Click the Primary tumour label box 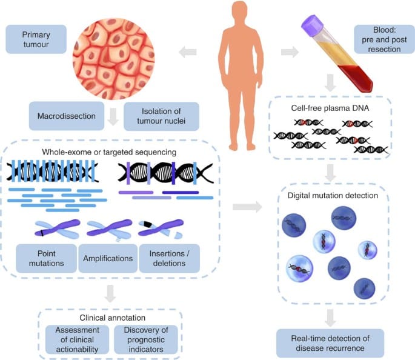35,39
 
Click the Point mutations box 45,258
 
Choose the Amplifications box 107,258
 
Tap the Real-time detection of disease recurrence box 330,342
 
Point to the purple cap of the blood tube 313,24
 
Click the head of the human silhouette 242,14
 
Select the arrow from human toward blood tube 290,53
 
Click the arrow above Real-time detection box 330,316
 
